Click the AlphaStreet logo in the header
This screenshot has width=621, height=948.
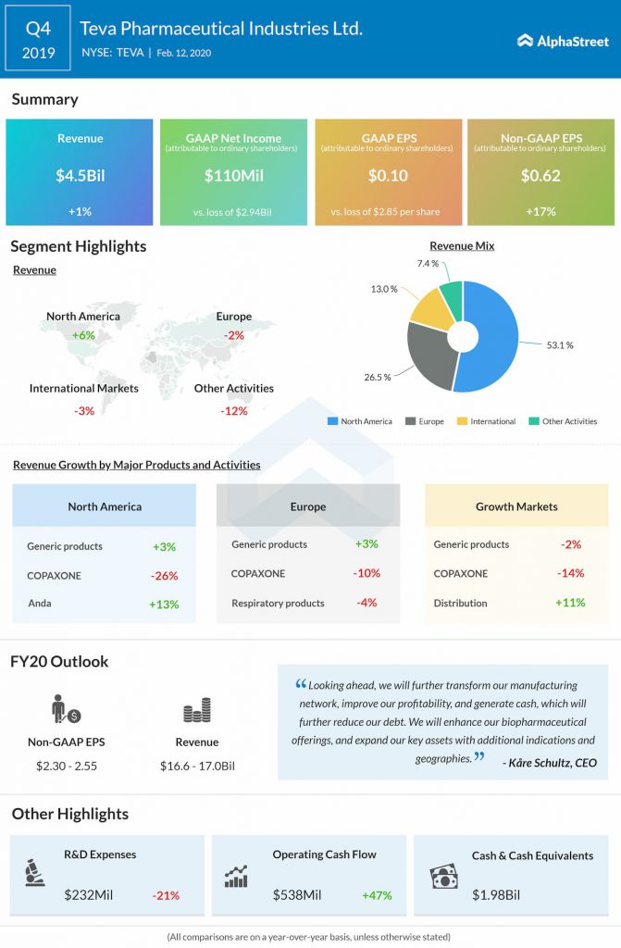[563, 41]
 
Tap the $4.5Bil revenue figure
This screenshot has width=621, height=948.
[79, 175]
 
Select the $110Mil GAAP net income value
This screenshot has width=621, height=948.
[232, 175]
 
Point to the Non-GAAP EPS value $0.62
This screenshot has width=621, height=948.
[540, 175]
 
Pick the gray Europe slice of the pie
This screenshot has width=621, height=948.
[428, 353]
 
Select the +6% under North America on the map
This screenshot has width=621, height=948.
[83, 334]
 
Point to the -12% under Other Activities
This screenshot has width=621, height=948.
[234, 410]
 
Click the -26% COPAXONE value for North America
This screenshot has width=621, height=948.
[165, 575]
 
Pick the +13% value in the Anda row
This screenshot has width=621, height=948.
[165, 605]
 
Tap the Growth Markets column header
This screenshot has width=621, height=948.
[516, 506]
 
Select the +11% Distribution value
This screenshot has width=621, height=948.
[570, 603]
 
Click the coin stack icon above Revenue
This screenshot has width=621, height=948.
[197, 711]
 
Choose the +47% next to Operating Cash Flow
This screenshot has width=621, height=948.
[378, 895]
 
